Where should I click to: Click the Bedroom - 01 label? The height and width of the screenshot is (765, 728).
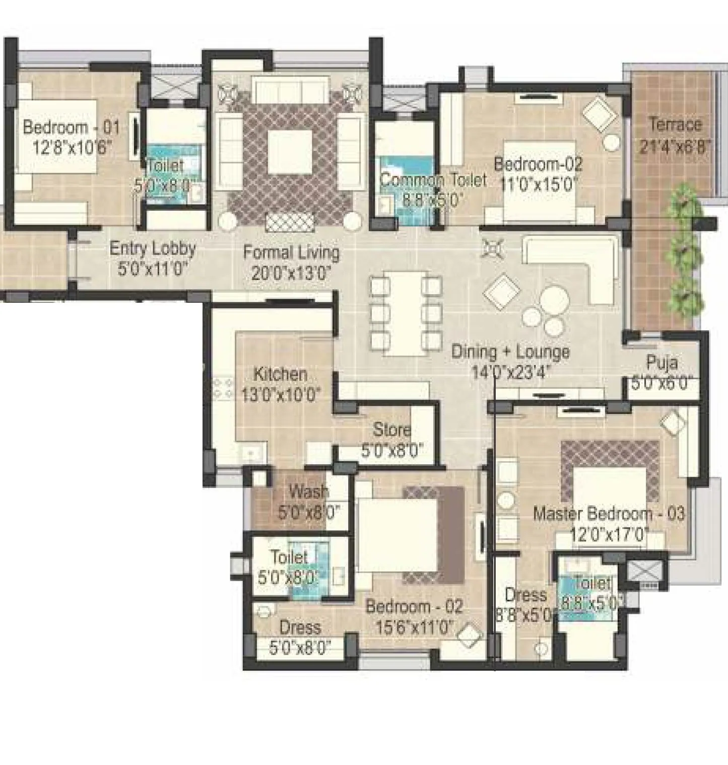[71, 127]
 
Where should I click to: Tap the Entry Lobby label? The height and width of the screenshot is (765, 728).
[153, 248]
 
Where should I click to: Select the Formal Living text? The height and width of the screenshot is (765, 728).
[291, 252]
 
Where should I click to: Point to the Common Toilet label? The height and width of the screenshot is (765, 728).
[433, 180]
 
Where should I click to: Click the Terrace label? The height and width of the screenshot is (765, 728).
[675, 124]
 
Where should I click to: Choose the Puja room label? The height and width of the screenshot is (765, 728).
[661, 363]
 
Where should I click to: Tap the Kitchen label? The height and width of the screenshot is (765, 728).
[280, 374]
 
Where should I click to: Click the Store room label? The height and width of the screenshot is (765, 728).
[392, 430]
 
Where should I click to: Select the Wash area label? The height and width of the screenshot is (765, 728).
[308, 491]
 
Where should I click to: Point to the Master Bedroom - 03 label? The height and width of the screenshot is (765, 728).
[609, 514]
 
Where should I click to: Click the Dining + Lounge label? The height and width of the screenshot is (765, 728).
[510, 352]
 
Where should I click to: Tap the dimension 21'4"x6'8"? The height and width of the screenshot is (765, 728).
[675, 147]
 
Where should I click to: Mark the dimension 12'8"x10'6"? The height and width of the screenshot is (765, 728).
[72, 148]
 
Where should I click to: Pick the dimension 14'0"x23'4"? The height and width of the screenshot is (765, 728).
[510, 372]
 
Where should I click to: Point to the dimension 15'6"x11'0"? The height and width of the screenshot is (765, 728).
[414, 628]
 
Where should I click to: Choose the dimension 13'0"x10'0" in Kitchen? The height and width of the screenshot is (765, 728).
[280, 395]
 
